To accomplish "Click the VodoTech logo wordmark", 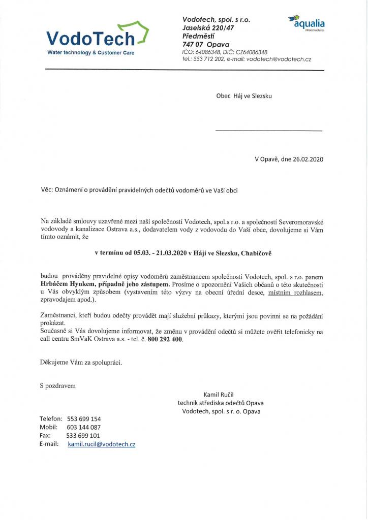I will [x=90, y=38].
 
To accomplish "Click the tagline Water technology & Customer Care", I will [x=90, y=53].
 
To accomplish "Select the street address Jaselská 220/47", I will [x=209, y=28].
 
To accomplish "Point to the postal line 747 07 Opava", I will [x=205, y=45].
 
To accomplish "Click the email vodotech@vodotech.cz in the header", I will [x=279, y=59].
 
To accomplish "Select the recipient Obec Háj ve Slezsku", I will [x=244, y=95].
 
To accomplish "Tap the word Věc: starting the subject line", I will [x=47, y=190].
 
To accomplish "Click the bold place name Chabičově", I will [x=259, y=253].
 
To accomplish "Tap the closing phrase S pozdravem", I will [x=57, y=386].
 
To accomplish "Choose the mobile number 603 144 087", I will [x=83, y=428].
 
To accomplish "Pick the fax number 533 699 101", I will [x=83, y=436].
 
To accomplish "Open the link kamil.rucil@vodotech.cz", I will [x=102, y=444].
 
